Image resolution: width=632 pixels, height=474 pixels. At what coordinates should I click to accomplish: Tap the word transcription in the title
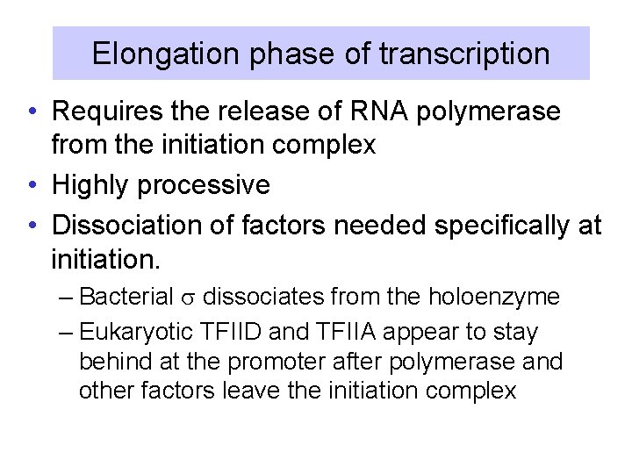[464, 54]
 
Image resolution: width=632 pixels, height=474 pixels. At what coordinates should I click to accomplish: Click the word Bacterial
[126, 298]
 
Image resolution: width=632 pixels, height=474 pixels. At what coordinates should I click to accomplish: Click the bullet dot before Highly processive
[32, 186]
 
